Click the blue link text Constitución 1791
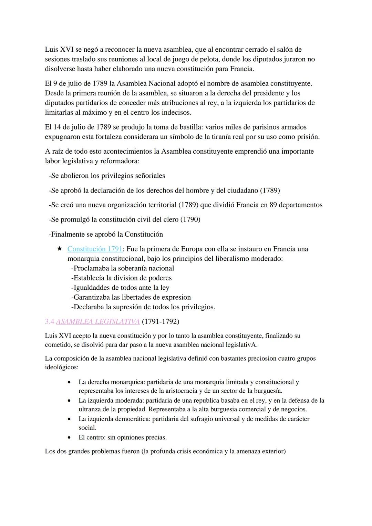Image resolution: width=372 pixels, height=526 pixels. (x=95, y=249)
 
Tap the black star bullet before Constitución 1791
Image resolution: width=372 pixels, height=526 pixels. (x=60, y=249)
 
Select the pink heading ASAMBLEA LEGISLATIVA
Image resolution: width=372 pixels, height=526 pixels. (x=97, y=322)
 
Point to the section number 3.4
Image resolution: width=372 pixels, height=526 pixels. (x=50, y=322)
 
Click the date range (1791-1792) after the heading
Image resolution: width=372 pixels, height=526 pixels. (x=160, y=322)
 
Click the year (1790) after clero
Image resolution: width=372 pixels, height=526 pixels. (x=190, y=220)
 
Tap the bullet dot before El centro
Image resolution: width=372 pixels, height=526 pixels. (x=70, y=438)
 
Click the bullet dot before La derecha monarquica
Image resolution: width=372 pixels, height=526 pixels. (x=70, y=382)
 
